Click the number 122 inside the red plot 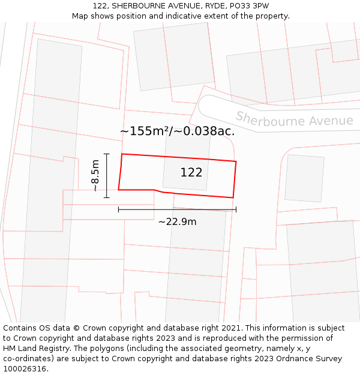(191, 173)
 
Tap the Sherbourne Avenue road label (294, 119)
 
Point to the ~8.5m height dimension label (95, 175)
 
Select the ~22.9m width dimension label (177, 222)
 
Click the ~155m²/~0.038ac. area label (177, 131)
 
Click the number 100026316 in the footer (24, 369)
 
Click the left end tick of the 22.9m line (119, 209)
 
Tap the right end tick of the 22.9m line (236, 209)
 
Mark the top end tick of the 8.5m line (107, 154)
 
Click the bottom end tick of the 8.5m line (107, 197)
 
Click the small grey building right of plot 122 (304, 178)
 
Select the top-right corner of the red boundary (236, 161)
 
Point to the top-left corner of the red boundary (122, 154)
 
